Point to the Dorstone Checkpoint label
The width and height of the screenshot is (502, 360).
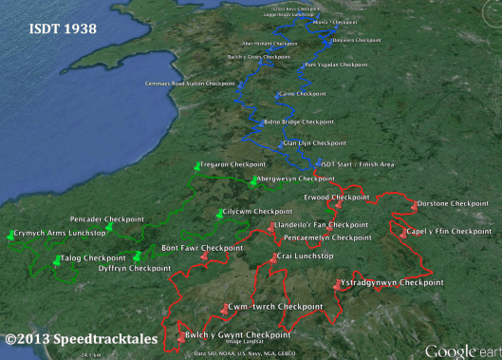coord(454,203)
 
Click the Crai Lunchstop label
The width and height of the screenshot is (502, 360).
coord(304,257)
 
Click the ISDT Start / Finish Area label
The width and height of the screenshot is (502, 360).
coord(361,163)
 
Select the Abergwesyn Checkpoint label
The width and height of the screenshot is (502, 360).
coord(295,179)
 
